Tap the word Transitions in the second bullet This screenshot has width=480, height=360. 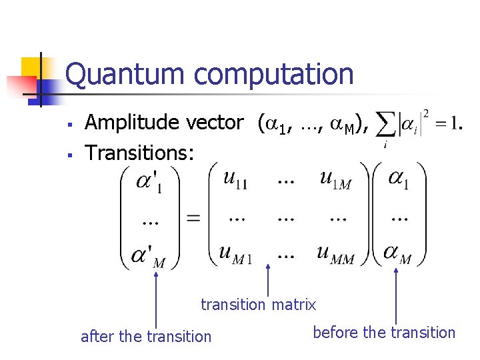(139, 153)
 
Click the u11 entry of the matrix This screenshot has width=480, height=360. (235, 179)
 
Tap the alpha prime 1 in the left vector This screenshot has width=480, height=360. (151, 182)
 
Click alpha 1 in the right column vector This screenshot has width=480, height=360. (398, 181)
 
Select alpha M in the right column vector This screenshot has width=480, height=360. (397, 254)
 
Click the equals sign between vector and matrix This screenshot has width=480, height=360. (193, 217)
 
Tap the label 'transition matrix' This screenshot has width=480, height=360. (259, 305)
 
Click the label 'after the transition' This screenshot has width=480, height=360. (145, 337)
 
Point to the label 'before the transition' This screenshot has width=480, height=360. (383, 332)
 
